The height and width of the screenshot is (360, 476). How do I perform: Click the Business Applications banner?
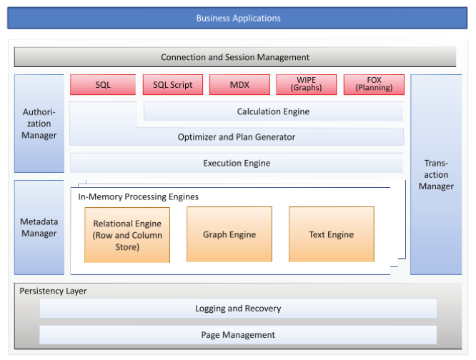click(238, 18)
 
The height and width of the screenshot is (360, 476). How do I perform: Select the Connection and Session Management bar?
click(235, 57)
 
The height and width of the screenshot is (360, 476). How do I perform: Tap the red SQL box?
click(103, 85)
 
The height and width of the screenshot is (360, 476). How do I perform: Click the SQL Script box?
click(173, 85)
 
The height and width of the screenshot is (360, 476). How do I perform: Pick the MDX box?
click(239, 85)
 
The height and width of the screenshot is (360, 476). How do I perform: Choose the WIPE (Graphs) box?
click(306, 85)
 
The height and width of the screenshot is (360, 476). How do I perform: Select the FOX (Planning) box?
click(374, 85)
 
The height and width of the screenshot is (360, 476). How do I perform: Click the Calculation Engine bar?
click(273, 111)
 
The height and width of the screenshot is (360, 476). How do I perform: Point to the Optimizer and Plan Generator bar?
click(237, 137)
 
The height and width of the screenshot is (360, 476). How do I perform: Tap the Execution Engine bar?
click(237, 164)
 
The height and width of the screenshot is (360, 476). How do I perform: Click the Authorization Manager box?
click(39, 124)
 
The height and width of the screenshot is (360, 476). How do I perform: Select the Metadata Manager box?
click(39, 227)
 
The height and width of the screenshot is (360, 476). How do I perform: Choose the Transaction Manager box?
click(436, 175)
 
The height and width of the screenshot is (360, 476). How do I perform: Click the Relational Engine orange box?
click(127, 235)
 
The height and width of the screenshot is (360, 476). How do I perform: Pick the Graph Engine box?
click(229, 234)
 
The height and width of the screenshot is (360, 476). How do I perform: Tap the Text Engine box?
click(331, 234)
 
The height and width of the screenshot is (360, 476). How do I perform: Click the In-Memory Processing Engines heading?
click(139, 196)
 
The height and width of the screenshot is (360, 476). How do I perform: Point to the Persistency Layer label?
click(53, 291)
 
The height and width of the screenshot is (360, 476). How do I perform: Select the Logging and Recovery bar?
click(238, 309)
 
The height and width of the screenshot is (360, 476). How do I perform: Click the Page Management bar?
click(238, 334)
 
